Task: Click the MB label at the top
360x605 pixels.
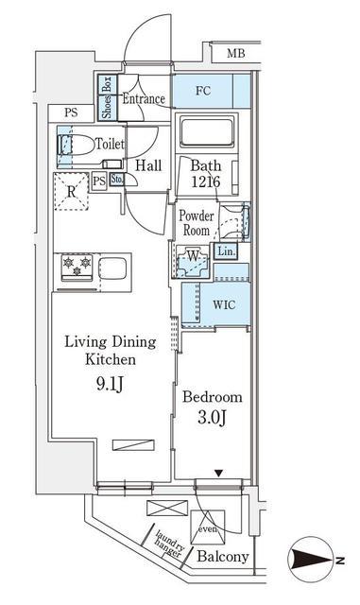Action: (236, 53)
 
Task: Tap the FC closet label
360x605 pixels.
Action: (203, 91)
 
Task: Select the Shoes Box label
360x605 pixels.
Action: (107, 97)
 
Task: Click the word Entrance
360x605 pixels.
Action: (144, 98)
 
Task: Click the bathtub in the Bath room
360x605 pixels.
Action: (207, 131)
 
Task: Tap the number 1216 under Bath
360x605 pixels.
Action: (206, 181)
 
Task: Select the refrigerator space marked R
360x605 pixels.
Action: (72, 191)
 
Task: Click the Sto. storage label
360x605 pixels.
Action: (117, 180)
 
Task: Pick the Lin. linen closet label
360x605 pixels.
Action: (226, 251)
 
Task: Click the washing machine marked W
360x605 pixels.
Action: (193, 261)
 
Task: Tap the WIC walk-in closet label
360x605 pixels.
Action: (224, 304)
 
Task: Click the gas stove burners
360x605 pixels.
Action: (77, 267)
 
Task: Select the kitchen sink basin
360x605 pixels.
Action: (112, 267)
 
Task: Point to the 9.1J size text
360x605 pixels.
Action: (110, 384)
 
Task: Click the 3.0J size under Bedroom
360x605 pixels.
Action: (212, 417)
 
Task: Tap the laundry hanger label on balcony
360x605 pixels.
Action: (169, 544)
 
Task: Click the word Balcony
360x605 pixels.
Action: (223, 557)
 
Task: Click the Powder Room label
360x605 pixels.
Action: (197, 223)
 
